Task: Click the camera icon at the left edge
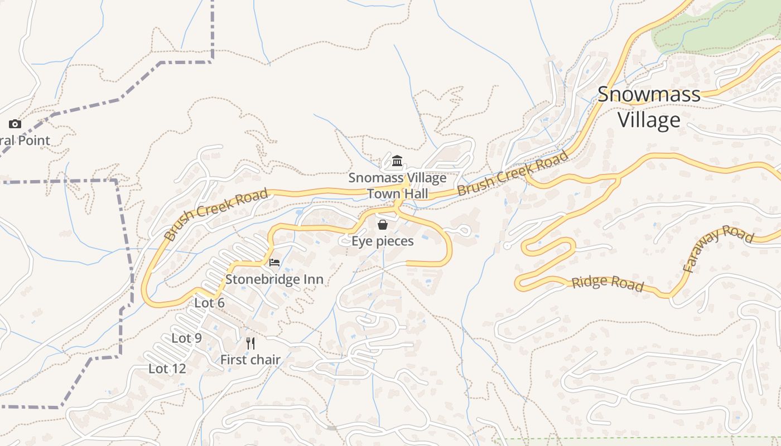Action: pos(15,124)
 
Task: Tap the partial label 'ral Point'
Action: pos(25,140)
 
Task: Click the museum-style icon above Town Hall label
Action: pos(397,162)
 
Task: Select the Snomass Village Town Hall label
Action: pos(397,186)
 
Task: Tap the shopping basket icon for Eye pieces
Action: pos(383,225)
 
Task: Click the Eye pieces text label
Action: pos(383,241)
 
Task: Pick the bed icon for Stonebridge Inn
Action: pos(274,263)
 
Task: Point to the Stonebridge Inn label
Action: pos(274,279)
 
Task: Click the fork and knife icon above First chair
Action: pos(250,343)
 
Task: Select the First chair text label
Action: pos(250,360)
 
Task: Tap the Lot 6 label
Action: pos(209,303)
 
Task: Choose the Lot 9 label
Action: pos(186,338)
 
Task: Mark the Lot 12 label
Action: pos(167,369)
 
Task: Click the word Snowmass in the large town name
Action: pos(649,94)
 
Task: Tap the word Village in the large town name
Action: pos(649,120)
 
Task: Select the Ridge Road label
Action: pos(608,283)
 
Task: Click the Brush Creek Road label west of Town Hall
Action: pos(216,214)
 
